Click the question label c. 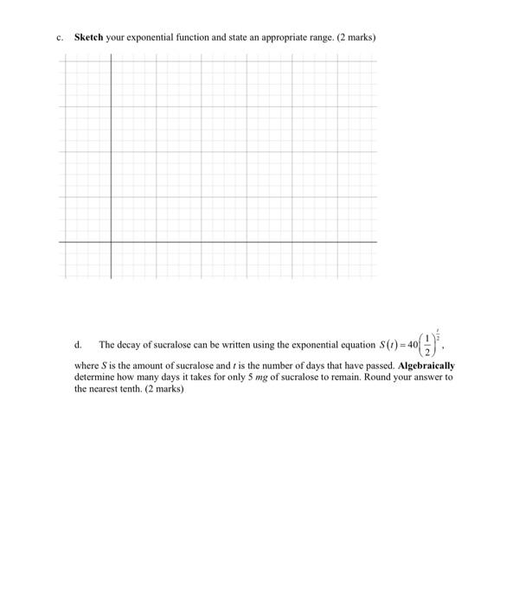60,38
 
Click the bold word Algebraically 426,366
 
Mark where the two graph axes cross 111,242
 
